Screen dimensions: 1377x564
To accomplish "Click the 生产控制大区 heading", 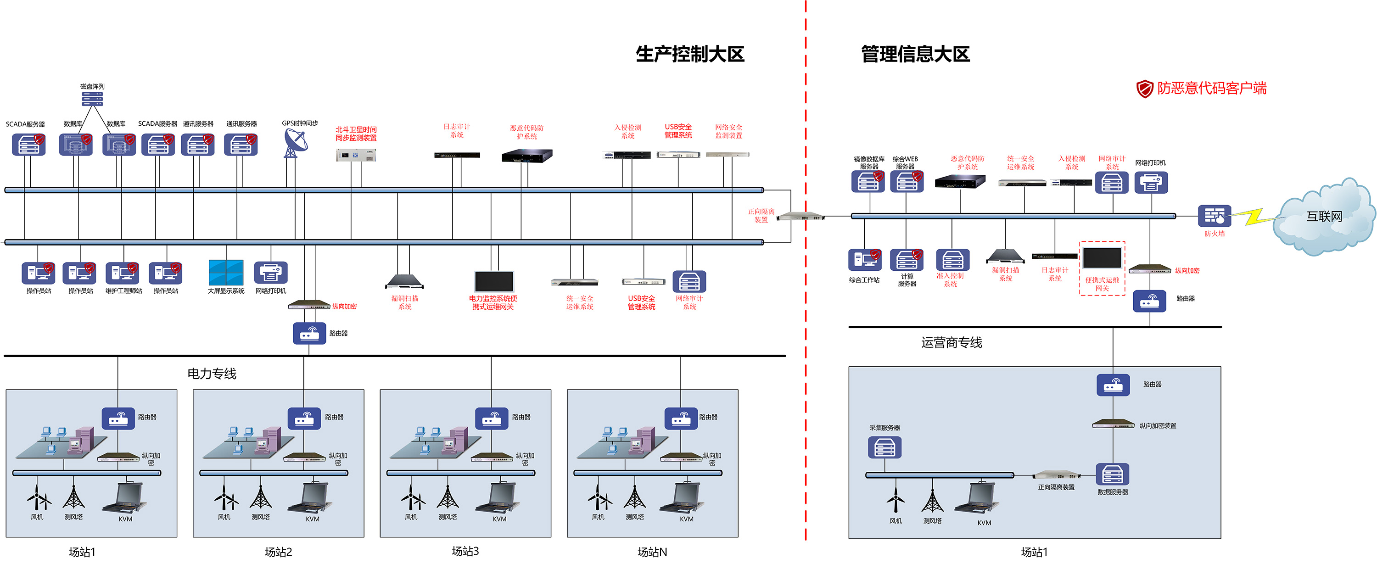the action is [689, 54].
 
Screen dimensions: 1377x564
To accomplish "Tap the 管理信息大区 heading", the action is [915, 54].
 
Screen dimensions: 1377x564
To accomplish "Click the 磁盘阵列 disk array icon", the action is [92, 99].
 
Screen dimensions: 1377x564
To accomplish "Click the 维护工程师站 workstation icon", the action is [123, 273].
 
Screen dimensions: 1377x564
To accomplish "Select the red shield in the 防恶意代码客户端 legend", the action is [1144, 89].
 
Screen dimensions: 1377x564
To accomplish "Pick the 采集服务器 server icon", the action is [884, 447].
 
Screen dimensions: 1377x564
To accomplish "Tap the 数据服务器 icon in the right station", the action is [1113, 474].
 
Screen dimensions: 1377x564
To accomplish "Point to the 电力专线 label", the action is [212, 374].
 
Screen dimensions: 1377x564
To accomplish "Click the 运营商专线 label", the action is [952, 343].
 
